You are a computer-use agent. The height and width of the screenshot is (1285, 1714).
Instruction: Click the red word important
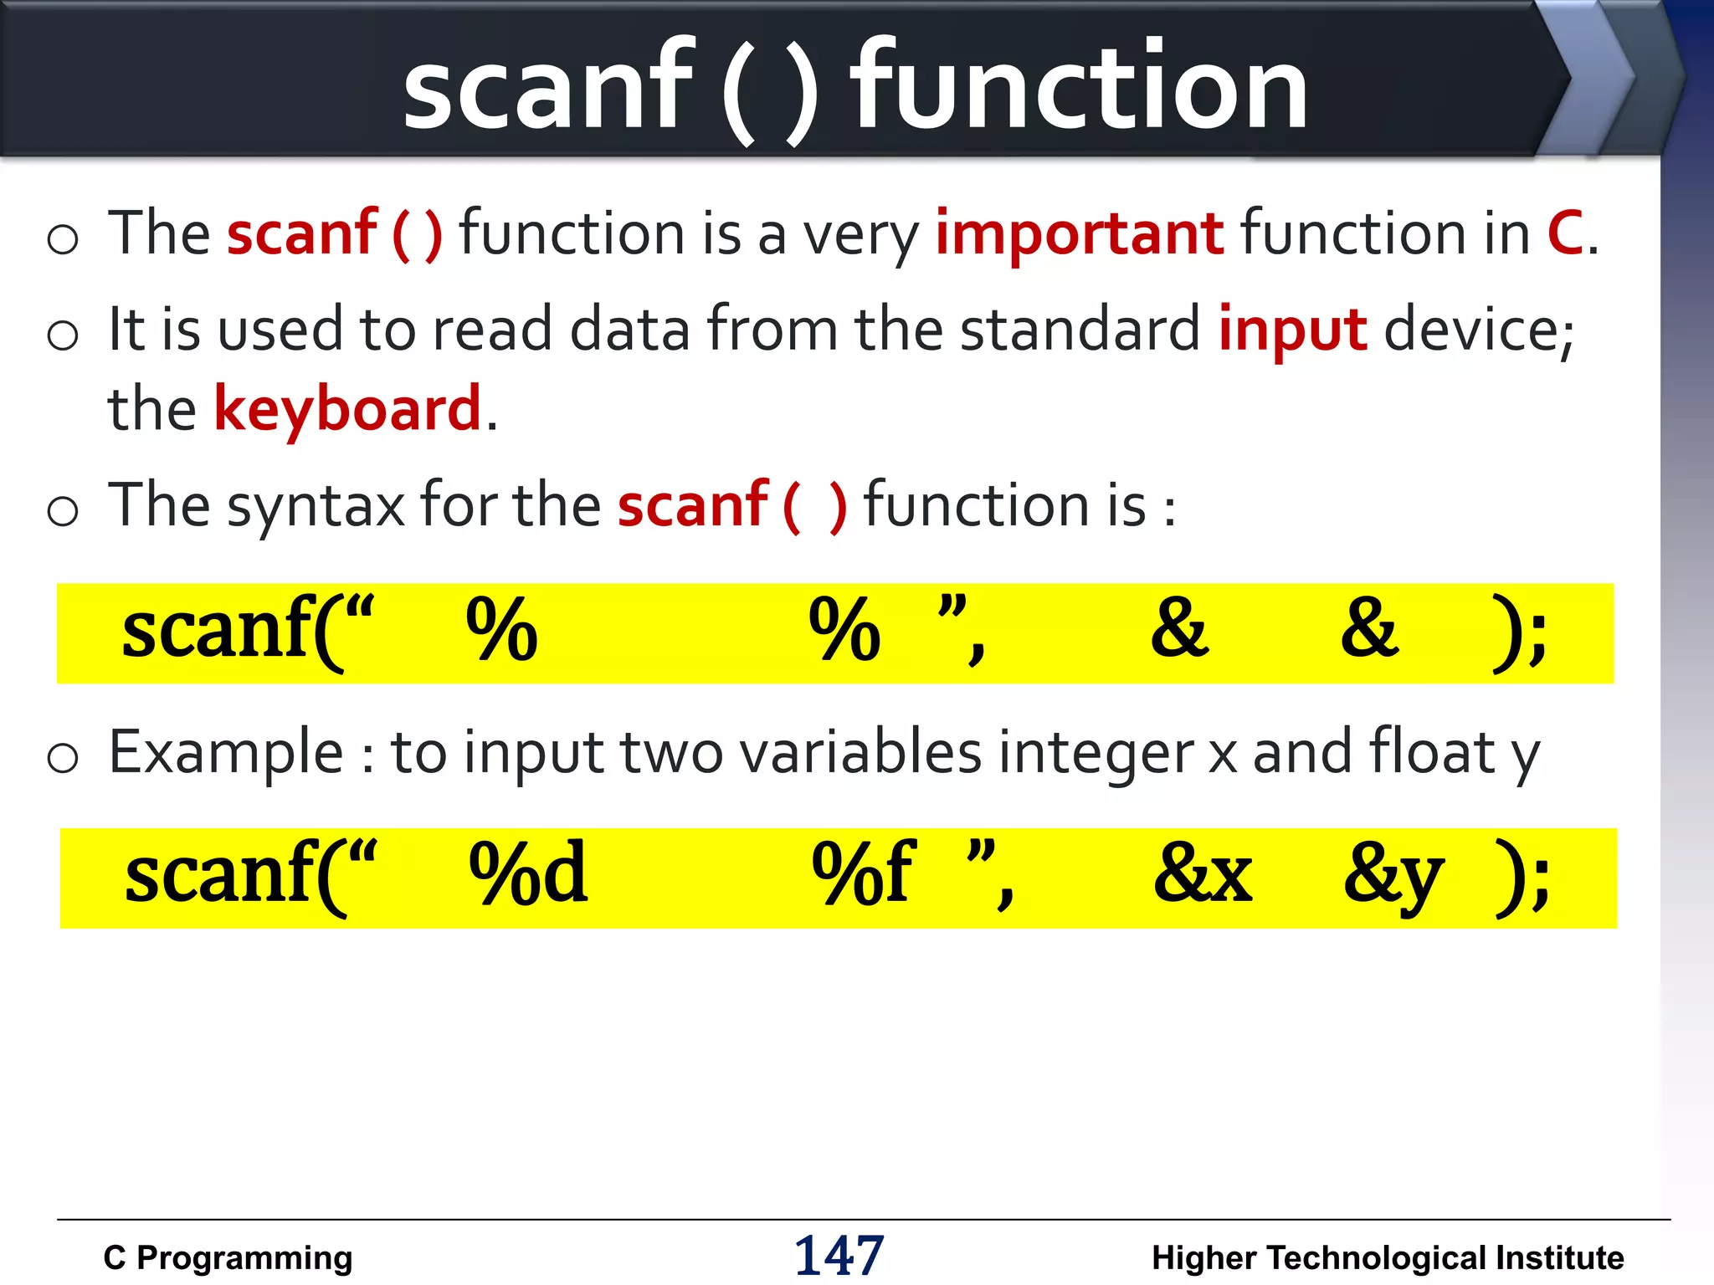(1079, 234)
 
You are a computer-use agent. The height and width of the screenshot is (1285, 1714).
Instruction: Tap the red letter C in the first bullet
(1564, 234)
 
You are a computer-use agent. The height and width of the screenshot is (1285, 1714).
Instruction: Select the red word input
(1292, 331)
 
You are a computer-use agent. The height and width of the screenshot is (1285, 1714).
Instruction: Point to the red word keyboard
(347, 410)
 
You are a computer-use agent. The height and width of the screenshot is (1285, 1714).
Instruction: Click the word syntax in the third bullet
(316, 507)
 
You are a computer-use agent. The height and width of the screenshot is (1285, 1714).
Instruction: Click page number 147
(839, 1256)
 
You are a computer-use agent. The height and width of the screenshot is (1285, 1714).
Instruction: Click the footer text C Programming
(228, 1258)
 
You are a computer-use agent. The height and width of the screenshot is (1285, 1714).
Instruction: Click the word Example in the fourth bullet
(226, 753)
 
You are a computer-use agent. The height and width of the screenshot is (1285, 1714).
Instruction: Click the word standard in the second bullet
(1080, 330)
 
